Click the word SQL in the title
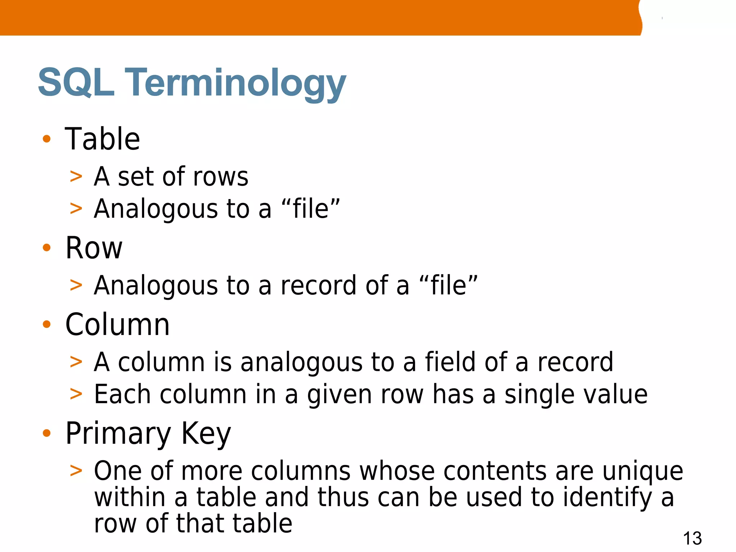[x=76, y=83]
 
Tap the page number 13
[x=692, y=538]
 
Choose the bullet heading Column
[x=117, y=325]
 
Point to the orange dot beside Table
[x=47, y=139]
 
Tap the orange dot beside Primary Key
[x=47, y=433]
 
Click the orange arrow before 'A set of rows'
[x=76, y=177]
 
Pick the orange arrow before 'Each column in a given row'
[x=76, y=394]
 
